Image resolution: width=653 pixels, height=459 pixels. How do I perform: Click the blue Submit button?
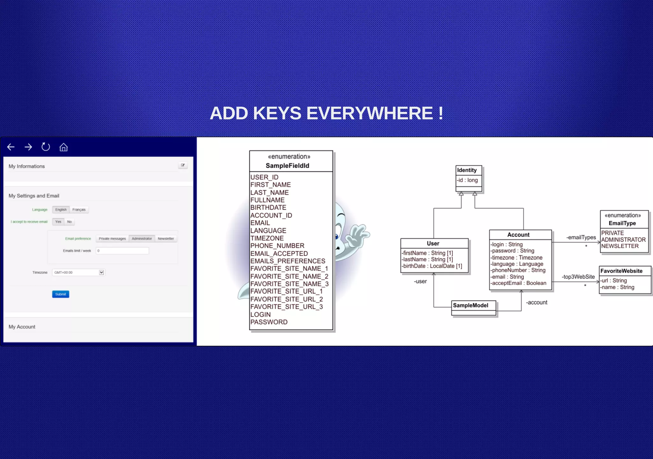click(61, 294)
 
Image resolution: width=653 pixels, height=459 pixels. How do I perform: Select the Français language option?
click(79, 210)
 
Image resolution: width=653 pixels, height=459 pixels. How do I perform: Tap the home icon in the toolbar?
click(63, 147)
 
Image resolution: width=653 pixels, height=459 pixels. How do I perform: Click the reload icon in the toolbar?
click(46, 147)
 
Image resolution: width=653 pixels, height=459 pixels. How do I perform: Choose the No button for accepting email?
click(69, 222)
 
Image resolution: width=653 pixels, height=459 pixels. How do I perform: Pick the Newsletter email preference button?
click(166, 239)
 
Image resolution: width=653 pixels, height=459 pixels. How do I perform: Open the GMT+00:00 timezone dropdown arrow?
click(101, 273)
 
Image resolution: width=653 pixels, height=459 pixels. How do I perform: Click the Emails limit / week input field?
click(122, 251)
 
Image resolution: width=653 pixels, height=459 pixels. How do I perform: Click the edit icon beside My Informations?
click(183, 165)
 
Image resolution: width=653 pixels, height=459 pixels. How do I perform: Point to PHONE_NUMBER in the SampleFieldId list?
click(277, 246)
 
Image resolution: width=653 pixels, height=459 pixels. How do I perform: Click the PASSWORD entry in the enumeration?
click(269, 322)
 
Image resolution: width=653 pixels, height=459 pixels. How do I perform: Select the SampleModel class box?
click(473, 307)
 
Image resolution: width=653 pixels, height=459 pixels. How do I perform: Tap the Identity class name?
click(467, 170)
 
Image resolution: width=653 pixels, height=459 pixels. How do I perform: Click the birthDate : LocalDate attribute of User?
click(432, 266)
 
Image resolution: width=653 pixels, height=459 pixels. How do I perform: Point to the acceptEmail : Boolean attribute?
click(518, 283)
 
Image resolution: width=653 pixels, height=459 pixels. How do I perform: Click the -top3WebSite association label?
click(578, 277)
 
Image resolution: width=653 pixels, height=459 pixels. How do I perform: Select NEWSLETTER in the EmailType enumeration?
click(620, 246)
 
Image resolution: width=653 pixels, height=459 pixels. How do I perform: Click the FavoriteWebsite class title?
click(621, 271)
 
